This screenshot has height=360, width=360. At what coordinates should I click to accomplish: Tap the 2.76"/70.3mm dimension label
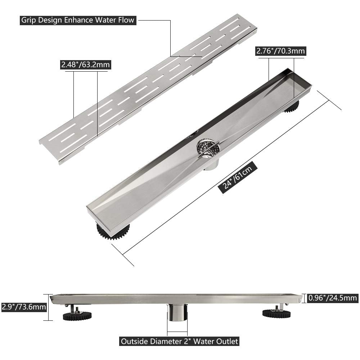click(x=280, y=51)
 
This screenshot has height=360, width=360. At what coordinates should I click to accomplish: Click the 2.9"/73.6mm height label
click(x=24, y=307)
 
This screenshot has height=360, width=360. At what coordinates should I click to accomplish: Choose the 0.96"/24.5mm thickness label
click(x=333, y=298)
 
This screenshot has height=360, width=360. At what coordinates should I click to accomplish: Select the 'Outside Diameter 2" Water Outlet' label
click(x=180, y=341)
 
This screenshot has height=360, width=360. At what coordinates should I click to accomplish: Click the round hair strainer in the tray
click(x=208, y=148)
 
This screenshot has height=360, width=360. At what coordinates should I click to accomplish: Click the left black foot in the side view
click(x=77, y=315)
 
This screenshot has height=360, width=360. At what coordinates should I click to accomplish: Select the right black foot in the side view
click(x=276, y=313)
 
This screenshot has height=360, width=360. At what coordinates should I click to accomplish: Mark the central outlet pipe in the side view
click(x=177, y=312)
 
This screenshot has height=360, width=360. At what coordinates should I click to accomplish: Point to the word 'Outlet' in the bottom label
click(x=226, y=341)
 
